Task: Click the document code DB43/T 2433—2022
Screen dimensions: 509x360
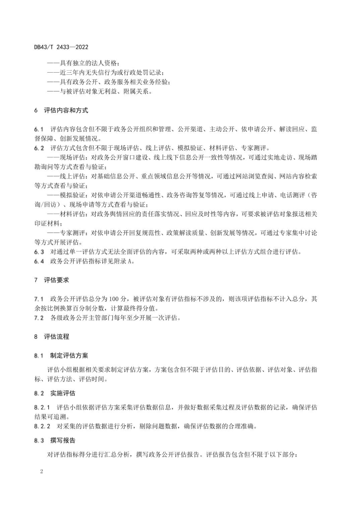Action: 61,47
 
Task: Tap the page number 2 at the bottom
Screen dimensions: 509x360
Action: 42,472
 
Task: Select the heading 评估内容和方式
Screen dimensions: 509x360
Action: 66,110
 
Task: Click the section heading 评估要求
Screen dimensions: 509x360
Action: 57,280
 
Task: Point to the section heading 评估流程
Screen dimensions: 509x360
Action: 57,337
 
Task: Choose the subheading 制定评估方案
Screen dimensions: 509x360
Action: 69,355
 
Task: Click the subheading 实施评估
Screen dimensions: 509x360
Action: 63,393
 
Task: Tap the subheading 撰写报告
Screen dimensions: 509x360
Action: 63,440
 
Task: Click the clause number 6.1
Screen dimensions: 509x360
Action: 39,129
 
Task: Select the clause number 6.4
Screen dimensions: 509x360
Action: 39,261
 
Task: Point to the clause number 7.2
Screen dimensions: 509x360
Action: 39,318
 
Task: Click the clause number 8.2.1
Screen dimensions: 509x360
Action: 42,408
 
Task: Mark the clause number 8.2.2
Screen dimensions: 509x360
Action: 42,426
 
